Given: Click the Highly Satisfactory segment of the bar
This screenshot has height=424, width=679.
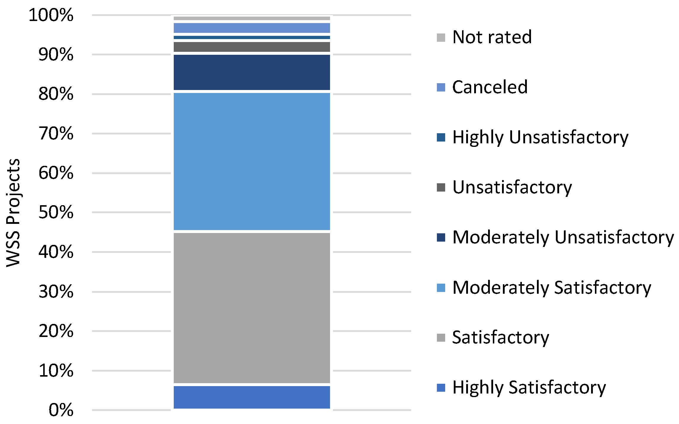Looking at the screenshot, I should pyautogui.click(x=252, y=397).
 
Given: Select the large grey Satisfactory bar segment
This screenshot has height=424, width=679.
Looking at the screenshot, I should pyautogui.click(x=252, y=308).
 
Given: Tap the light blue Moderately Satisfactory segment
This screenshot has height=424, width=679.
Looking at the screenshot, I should pyautogui.click(x=252, y=161).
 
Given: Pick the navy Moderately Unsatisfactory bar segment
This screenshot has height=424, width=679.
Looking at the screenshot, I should pyautogui.click(x=252, y=72).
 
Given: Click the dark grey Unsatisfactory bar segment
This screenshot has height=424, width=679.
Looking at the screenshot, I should pyautogui.click(x=252, y=47).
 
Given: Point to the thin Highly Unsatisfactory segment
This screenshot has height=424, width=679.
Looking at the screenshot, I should pyautogui.click(x=252, y=38).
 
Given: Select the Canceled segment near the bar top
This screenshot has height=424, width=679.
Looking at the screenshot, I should pyautogui.click(x=252, y=28).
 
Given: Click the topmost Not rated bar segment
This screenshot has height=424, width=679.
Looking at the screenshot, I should pyautogui.click(x=252, y=18).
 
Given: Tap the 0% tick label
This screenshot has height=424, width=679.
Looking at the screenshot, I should pyautogui.click(x=61, y=410).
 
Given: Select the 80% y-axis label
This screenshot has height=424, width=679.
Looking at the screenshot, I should pyautogui.click(x=56, y=94).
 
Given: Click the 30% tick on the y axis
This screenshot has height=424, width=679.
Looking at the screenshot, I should pyautogui.click(x=56, y=292).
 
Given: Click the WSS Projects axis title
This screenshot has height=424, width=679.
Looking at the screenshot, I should pyautogui.click(x=13, y=213).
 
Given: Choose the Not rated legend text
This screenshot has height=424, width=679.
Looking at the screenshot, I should pyautogui.click(x=492, y=37).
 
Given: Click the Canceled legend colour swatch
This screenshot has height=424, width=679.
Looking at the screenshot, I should pyautogui.click(x=441, y=87).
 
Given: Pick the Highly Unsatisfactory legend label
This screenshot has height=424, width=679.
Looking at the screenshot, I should pyautogui.click(x=540, y=137).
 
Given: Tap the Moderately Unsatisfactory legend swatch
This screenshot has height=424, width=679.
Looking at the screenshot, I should pyautogui.click(x=441, y=237).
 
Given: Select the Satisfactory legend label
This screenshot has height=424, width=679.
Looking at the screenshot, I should pyautogui.click(x=501, y=338).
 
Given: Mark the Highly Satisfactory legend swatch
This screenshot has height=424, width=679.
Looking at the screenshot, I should pyautogui.click(x=441, y=388).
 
